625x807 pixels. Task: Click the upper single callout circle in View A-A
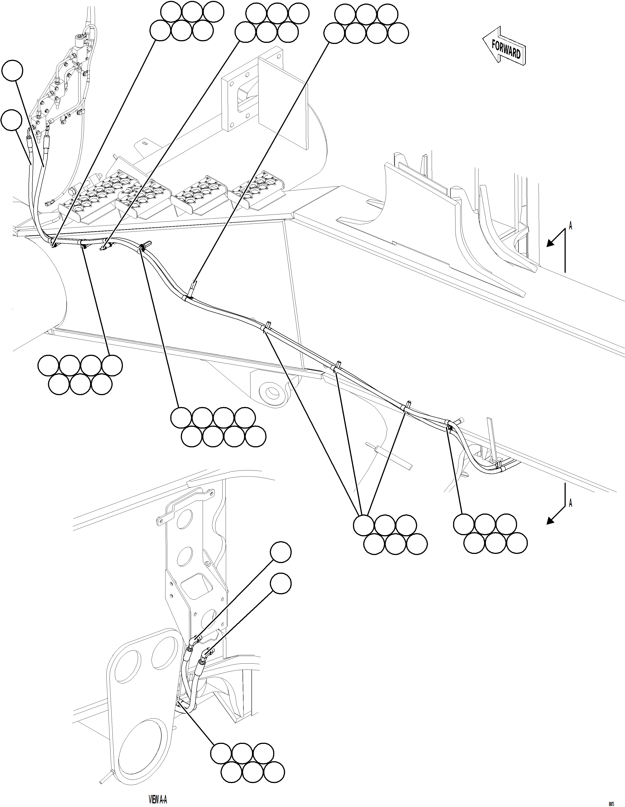click(281, 553)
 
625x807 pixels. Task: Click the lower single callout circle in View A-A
click(281, 584)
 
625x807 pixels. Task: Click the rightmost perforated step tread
click(259, 194)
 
